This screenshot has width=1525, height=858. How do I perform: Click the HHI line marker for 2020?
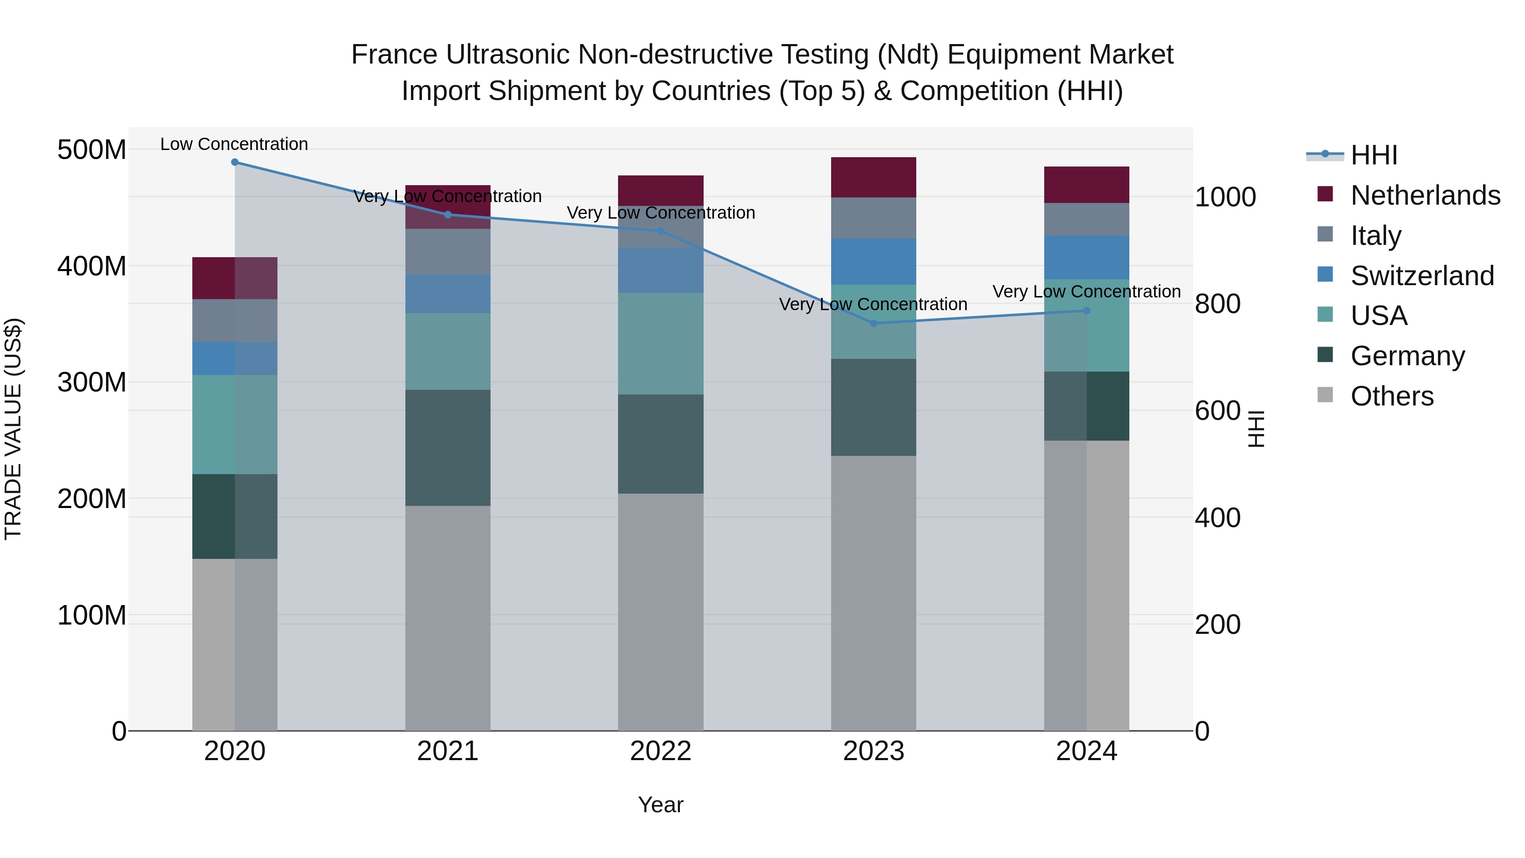(x=235, y=162)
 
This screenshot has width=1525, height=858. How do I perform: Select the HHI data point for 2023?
(x=874, y=323)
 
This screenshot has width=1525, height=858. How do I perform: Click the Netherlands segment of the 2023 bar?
(x=874, y=177)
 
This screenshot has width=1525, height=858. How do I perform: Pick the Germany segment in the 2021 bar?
(x=448, y=448)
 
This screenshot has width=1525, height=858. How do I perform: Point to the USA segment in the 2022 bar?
(x=661, y=344)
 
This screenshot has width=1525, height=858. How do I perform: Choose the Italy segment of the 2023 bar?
(x=874, y=218)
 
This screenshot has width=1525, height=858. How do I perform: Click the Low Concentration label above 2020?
(x=234, y=144)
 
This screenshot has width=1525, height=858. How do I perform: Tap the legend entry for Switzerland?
(x=1422, y=276)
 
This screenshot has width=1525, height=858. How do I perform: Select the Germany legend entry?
(x=1407, y=356)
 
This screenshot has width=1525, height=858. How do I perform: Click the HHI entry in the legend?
(x=1373, y=155)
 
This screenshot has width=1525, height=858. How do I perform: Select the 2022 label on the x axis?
(x=661, y=751)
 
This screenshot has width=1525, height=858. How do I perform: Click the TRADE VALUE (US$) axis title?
(x=13, y=429)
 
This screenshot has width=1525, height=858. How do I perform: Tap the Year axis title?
(x=661, y=805)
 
